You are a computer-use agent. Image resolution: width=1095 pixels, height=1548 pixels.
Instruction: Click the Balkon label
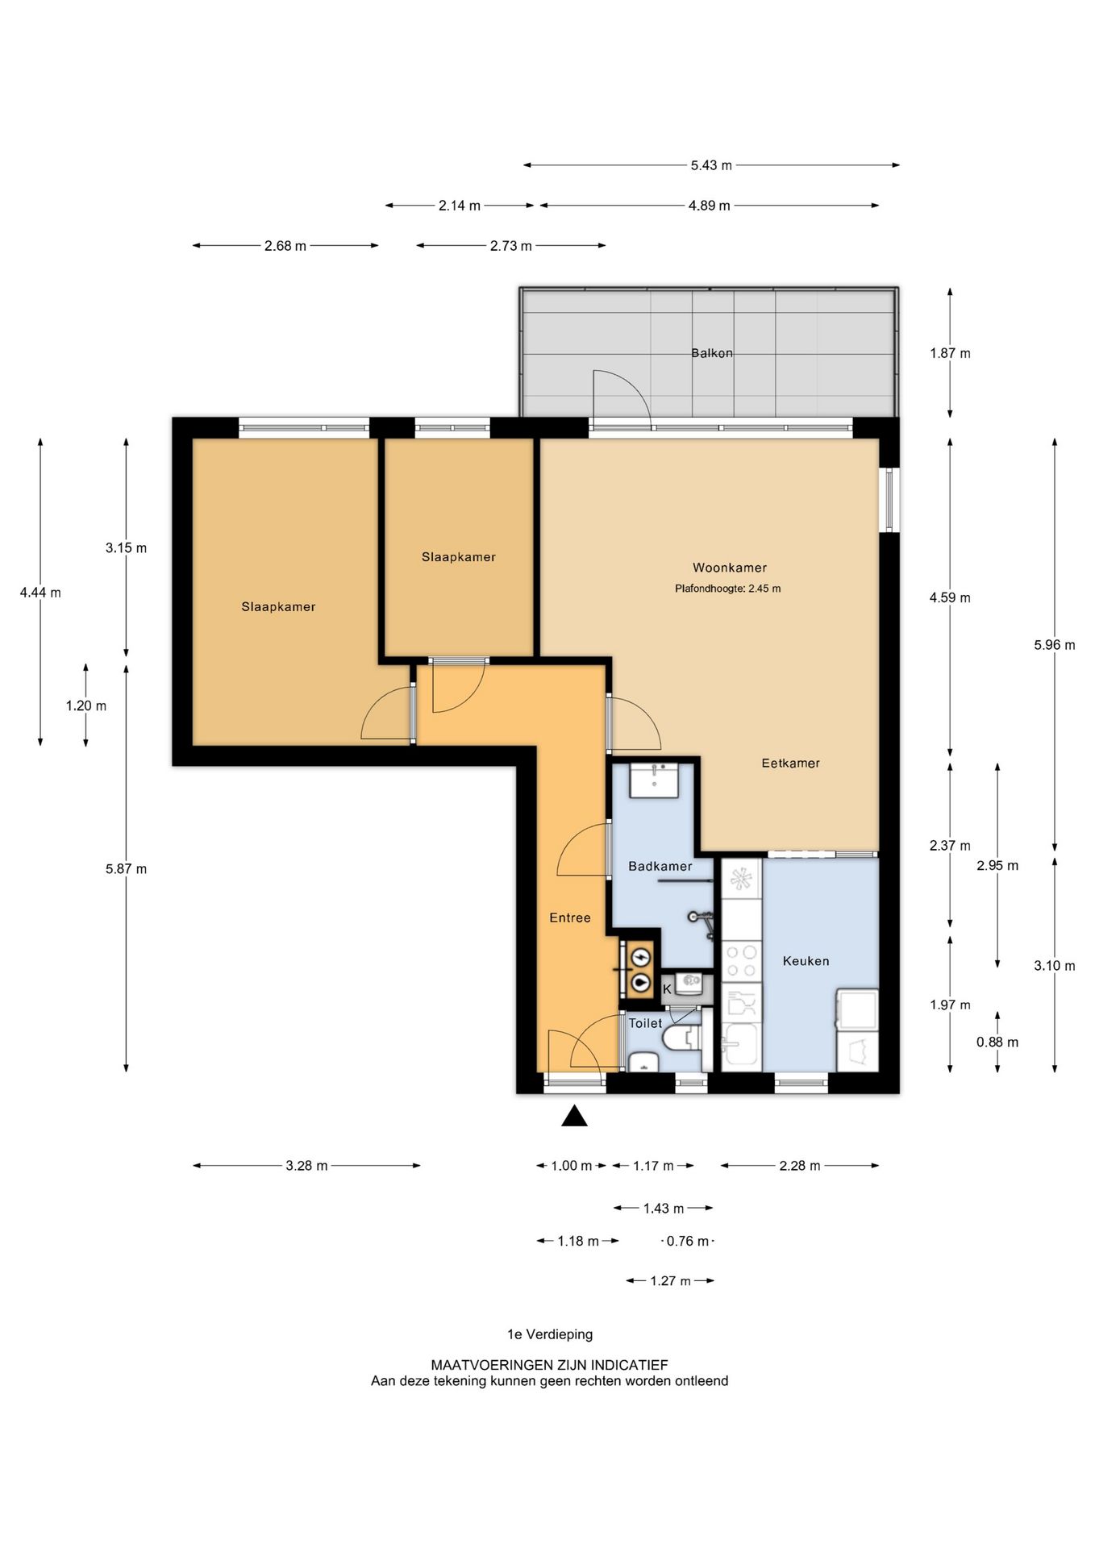coord(711,353)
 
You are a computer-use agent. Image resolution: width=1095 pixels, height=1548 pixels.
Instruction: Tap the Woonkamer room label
coord(729,568)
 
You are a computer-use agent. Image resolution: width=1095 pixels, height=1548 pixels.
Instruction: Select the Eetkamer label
coord(790,763)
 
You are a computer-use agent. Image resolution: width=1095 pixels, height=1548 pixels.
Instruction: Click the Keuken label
coord(806,961)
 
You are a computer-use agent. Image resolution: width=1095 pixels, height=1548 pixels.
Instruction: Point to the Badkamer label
coord(660,866)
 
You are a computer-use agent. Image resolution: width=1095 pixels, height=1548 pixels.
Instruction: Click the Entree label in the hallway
coord(569,918)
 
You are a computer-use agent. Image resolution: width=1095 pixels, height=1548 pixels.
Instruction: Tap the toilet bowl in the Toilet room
coord(682,1039)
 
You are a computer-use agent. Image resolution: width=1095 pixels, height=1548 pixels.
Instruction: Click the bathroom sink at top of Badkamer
coord(653,780)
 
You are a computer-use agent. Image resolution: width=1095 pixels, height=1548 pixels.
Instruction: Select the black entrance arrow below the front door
coord(574,1115)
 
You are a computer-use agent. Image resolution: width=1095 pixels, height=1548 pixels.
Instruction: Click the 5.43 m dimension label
coord(711,165)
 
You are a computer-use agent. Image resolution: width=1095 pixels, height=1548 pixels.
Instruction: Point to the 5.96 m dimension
coord(1054,645)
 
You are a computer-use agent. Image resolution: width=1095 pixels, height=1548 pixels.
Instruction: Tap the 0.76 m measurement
coord(687,1241)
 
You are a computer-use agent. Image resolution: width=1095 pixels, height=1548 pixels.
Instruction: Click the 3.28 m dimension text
coord(306,1166)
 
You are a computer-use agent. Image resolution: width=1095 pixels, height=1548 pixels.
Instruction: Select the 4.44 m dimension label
coord(40,593)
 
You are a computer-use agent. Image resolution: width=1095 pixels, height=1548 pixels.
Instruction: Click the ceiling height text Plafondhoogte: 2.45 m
coord(727,589)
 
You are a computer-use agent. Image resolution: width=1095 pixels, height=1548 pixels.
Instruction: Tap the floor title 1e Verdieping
coord(550,1334)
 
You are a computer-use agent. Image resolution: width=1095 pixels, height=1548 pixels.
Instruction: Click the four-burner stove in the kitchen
coord(741,962)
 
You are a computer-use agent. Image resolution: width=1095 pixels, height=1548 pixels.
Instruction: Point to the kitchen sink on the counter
coord(741,1046)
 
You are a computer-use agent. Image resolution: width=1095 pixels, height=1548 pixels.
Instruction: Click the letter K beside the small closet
coord(667,989)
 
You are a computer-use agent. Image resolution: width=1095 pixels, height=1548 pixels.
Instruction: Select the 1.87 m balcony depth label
coord(950,353)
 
